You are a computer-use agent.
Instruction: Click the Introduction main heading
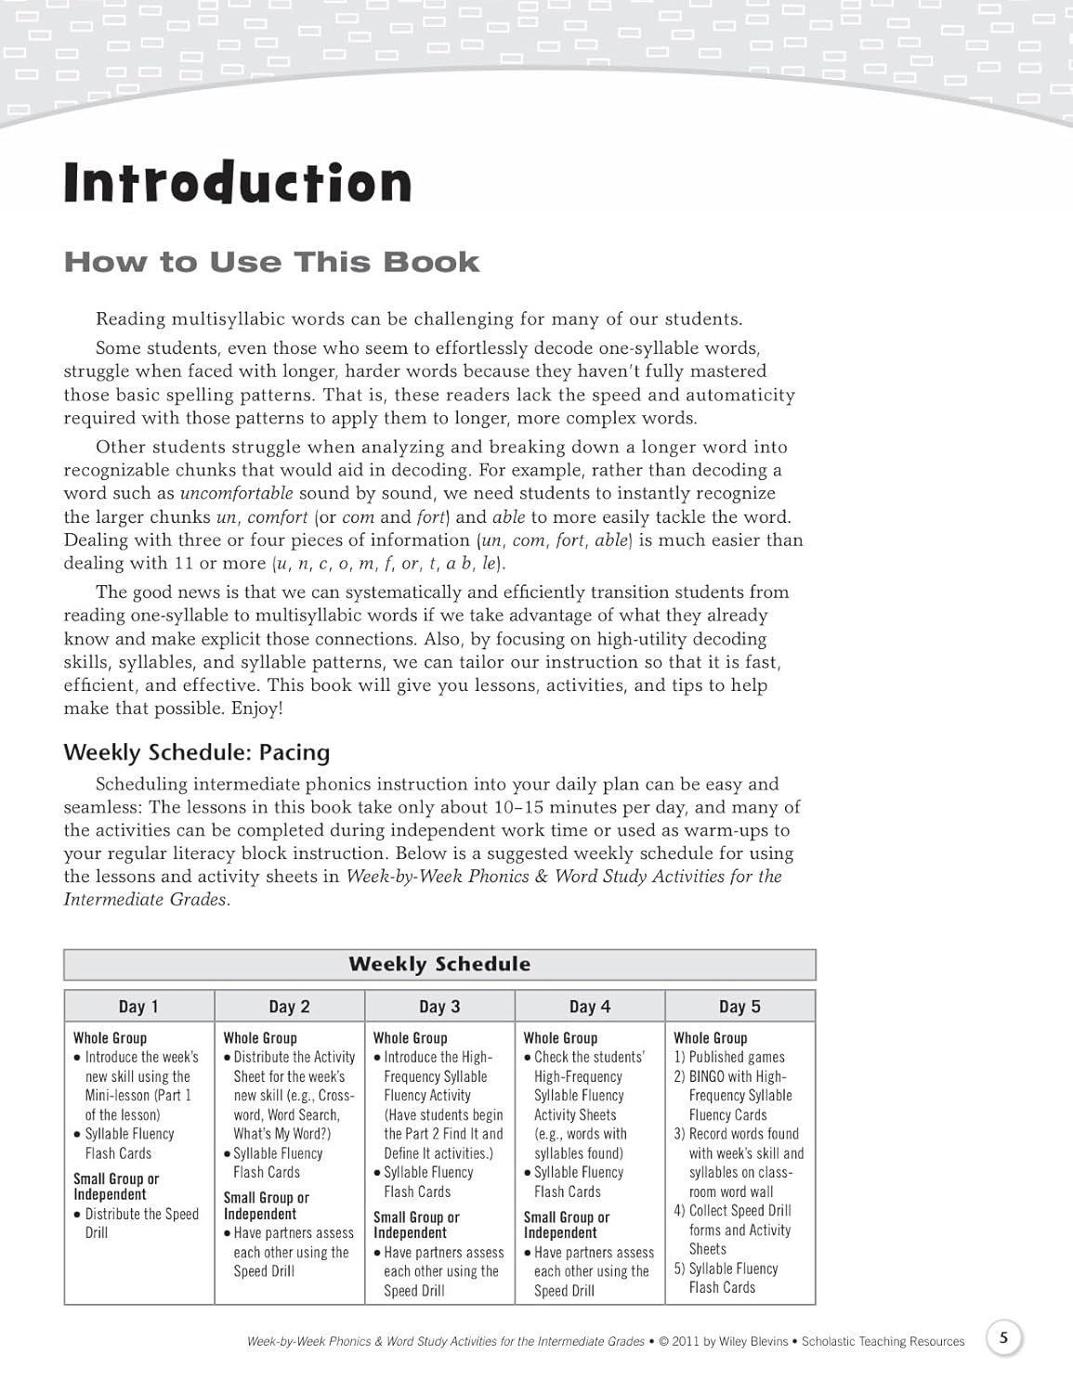tap(237, 183)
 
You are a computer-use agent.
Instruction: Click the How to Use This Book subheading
tap(271, 263)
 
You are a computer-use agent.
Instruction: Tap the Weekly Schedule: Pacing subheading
tap(196, 752)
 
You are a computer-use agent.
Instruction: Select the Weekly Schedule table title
tap(439, 964)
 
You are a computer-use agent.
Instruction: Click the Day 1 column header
tap(138, 1007)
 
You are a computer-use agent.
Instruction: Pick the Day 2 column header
tap(289, 1007)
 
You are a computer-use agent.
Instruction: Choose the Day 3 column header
tap(439, 1007)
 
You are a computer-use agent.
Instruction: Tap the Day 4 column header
tap(590, 1007)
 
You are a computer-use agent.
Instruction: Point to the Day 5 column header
tap(739, 1007)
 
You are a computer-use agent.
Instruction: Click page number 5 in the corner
tap(1003, 1339)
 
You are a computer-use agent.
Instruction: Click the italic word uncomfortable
tap(236, 493)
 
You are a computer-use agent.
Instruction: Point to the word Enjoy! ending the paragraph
tap(257, 709)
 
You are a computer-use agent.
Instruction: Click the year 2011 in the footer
tap(686, 1342)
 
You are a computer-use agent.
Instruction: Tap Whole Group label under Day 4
tap(561, 1038)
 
